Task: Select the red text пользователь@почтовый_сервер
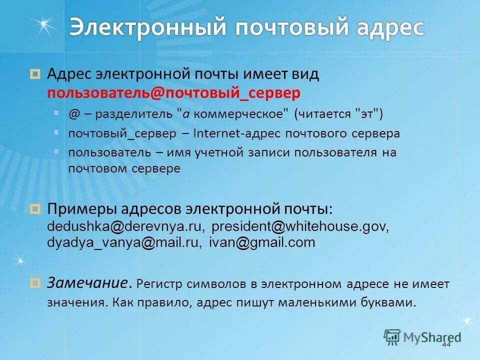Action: click(174, 93)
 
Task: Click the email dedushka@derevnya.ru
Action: click(125, 226)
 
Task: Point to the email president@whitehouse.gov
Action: click(300, 226)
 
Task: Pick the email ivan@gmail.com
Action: click(262, 243)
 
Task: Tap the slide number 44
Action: click(446, 344)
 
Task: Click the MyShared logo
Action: click(423, 336)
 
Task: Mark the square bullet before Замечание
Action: click(35, 283)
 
